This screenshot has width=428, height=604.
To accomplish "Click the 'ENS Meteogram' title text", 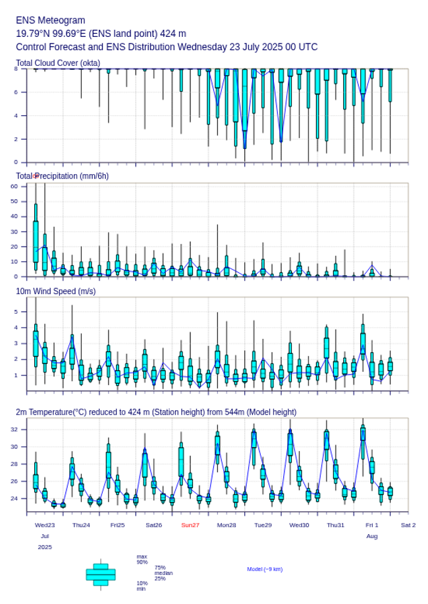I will [x=51, y=20].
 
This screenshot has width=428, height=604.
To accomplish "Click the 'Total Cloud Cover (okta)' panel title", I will [x=58, y=63].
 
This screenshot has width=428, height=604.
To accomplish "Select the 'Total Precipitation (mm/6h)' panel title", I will [x=63, y=175].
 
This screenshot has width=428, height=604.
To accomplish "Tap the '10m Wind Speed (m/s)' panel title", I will [x=55, y=291].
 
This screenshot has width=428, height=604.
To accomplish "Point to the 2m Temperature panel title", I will [x=156, y=412].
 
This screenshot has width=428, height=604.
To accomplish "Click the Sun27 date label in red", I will [x=190, y=525].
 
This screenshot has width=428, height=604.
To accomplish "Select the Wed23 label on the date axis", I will [x=45, y=525].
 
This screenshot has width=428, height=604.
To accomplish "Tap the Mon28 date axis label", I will [x=227, y=525].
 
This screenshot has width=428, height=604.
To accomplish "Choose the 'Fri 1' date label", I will [x=372, y=525].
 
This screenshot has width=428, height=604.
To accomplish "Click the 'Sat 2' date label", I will [x=408, y=525].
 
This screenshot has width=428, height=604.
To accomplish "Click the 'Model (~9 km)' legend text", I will [x=265, y=569].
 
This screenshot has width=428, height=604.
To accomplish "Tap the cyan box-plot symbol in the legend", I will [x=100, y=574].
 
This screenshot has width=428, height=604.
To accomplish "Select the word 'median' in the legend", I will [x=163, y=573].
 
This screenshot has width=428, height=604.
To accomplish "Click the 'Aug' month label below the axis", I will [x=372, y=536].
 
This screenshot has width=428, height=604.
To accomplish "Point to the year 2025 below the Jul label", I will [x=45, y=547].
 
